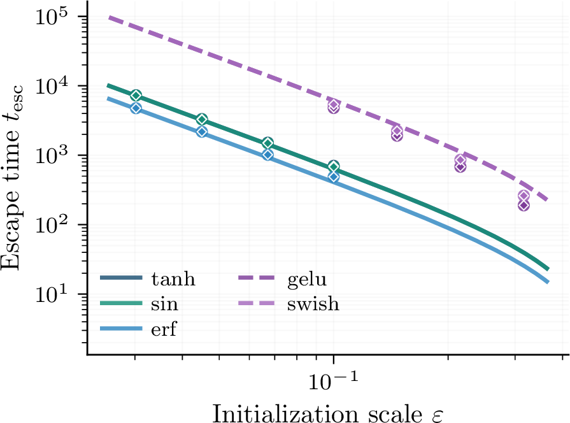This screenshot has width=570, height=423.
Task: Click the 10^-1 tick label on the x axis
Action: (333, 380)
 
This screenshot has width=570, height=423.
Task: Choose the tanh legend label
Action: (173, 279)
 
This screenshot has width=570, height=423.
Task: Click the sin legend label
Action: (165, 304)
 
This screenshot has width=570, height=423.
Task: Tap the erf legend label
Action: (164, 329)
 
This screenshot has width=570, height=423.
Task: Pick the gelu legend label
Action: (307, 280)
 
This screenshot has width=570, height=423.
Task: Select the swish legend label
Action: (313, 304)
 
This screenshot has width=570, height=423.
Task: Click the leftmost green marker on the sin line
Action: (136, 96)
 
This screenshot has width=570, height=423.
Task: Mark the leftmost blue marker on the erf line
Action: (136, 108)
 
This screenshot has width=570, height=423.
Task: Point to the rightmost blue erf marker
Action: (334, 176)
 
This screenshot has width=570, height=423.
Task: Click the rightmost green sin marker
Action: (334, 166)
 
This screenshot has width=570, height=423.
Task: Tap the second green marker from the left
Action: (202, 119)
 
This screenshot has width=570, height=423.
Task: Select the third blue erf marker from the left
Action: (268, 155)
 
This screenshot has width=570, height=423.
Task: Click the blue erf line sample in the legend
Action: (121, 329)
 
